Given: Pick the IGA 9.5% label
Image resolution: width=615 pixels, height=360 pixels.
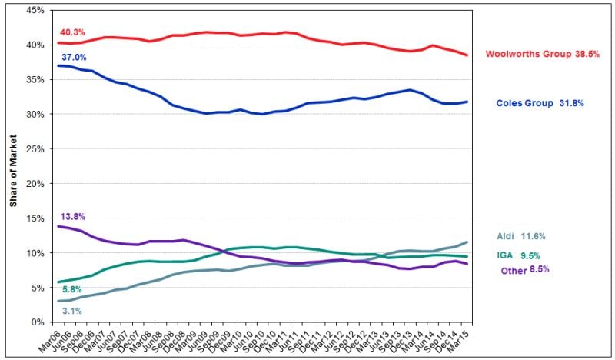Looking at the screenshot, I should (x=519, y=255).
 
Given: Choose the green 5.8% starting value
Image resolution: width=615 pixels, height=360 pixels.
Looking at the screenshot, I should (x=70, y=289).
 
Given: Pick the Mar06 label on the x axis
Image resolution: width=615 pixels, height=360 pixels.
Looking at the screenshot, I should (x=49, y=339).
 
